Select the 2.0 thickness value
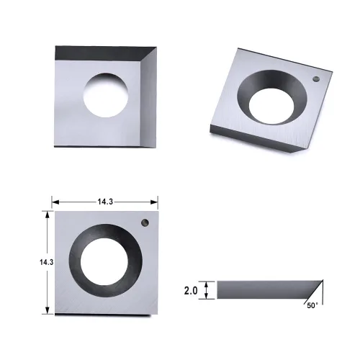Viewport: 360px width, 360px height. pos(191,290)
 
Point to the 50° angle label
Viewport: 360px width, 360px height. pos(312,306)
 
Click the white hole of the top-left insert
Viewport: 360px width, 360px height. pos(108,94)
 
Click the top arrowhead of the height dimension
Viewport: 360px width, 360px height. pos(48,213)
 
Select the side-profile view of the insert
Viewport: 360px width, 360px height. pos(266,290)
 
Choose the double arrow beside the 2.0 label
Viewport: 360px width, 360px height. pos(207,290)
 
